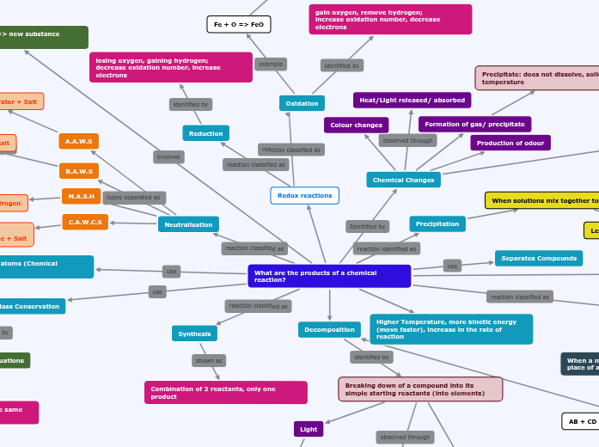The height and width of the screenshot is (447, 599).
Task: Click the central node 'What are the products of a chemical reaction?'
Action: pos(329,276)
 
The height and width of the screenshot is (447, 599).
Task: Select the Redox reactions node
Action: pos(304,196)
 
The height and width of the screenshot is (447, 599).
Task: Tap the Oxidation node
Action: pos(302,103)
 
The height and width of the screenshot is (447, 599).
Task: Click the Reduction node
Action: pos(205,133)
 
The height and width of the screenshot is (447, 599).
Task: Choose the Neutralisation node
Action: pos(188,224)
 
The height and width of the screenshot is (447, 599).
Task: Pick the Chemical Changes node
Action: pos(403,180)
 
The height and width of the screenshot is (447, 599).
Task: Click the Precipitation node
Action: pos(437,223)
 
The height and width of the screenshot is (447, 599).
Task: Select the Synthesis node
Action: pos(194,334)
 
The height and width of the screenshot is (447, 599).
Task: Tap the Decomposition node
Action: pos(329,329)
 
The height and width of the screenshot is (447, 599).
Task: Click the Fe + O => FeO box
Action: pos(239,24)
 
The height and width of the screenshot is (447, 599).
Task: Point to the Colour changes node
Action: pos(356,125)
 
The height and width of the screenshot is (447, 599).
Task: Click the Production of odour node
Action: pos(510,143)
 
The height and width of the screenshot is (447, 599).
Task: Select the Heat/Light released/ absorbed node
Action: pos(412,100)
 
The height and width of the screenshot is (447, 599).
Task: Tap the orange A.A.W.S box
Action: pos(79,141)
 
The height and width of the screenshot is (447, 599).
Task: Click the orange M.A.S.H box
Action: pos(81,196)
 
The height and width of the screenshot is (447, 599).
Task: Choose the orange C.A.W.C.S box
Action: pos(85,222)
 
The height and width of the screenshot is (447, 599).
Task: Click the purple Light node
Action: pos(309,428)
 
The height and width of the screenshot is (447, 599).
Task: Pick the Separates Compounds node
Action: pos(539,258)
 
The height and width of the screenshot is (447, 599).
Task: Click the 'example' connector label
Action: pos(271,64)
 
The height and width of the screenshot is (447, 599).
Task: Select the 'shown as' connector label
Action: pos(209,361)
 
